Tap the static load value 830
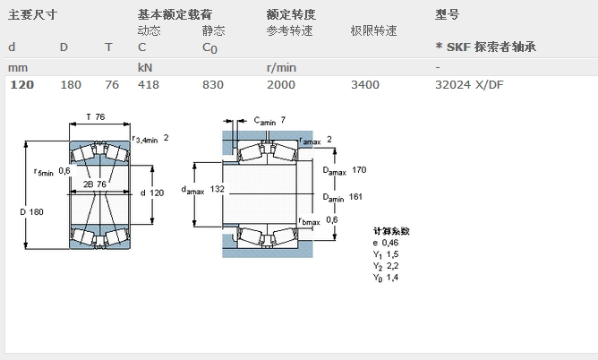[212, 85]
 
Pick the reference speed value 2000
[280, 85]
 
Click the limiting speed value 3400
[364, 85]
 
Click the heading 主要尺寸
[33, 14]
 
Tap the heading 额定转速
[291, 14]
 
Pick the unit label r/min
[281, 67]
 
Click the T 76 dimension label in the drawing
[96, 117]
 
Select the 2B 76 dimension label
[95, 184]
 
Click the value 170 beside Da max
[360, 170]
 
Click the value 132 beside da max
[218, 189]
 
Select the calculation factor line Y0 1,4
[386, 278]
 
